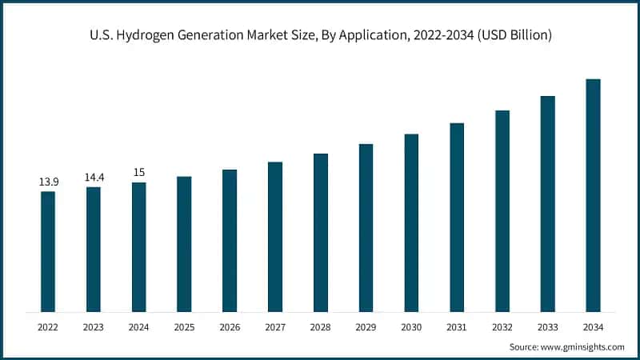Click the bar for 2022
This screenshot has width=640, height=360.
pyautogui.click(x=48, y=251)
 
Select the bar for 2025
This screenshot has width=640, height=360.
pyautogui.click(x=184, y=244)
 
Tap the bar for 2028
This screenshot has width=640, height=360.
pyautogui.click(x=321, y=232)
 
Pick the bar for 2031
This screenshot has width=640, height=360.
pyautogui.click(x=457, y=217)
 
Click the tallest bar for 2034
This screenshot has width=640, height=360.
pyautogui.click(x=593, y=195)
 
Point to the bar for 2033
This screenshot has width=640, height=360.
pyautogui.click(x=547, y=203)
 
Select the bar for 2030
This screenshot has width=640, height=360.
pyautogui.click(x=411, y=222)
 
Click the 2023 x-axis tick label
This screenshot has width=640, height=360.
pyautogui.click(x=94, y=327)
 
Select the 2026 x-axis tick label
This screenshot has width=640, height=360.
pyautogui.click(x=230, y=327)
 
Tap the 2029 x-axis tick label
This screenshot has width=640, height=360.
pyautogui.click(x=366, y=327)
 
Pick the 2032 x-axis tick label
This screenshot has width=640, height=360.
pyautogui.click(x=502, y=327)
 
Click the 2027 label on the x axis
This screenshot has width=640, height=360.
pyautogui.click(x=275, y=327)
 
